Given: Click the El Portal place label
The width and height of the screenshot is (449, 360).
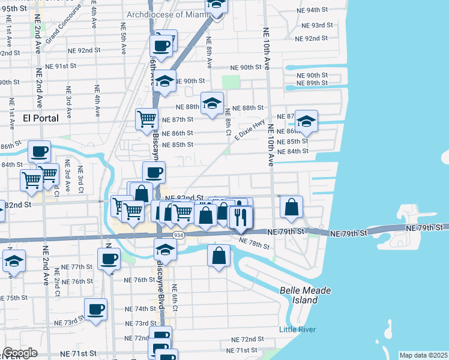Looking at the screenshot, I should (x=41, y=118).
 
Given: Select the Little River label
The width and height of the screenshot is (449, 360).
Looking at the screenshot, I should (x=297, y=329).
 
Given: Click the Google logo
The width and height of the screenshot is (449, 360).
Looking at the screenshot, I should (x=20, y=353).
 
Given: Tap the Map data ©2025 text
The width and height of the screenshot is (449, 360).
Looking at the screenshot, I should (x=423, y=355).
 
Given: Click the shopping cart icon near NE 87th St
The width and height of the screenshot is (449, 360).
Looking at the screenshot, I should (x=146, y=119).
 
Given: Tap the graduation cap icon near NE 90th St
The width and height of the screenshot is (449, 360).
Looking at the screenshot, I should (x=164, y=81).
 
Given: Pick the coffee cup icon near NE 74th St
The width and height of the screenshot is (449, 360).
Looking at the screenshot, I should (x=96, y=309).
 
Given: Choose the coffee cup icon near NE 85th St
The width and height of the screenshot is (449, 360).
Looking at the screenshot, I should (x=40, y=151).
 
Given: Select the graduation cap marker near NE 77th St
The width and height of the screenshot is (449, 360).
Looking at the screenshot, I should (x=14, y=260).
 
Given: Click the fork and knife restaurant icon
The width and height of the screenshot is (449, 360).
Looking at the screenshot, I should (x=241, y=217).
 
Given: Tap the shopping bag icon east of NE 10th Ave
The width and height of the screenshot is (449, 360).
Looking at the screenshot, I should (x=292, y=207).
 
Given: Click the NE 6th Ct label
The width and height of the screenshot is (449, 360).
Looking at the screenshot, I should (x=175, y=296).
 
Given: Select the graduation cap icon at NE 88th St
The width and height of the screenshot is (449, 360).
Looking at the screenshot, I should (x=211, y=103).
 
